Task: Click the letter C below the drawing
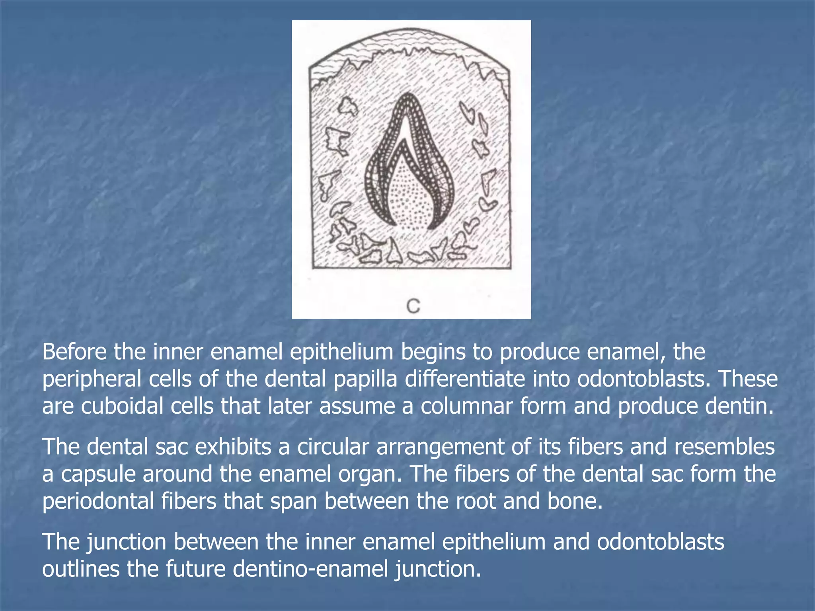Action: (413, 306)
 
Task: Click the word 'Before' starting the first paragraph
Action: (74, 352)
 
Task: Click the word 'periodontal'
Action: (98, 501)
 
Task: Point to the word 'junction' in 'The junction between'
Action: (127, 542)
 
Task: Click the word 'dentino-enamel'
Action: (310, 569)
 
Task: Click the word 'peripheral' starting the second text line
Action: (92, 379)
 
